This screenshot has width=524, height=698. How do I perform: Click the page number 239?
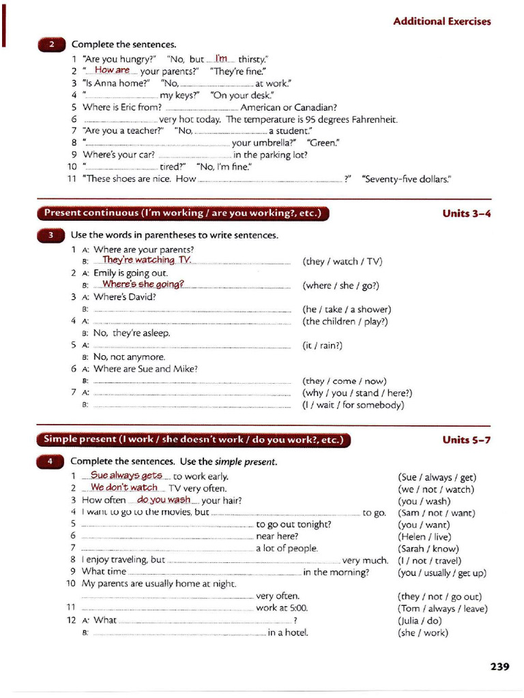(x=499, y=667)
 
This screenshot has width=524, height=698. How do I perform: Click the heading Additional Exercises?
(x=441, y=22)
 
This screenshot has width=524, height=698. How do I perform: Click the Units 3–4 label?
(x=466, y=213)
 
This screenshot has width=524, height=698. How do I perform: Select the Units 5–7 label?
(x=466, y=440)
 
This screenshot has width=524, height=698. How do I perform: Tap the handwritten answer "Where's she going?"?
(x=143, y=284)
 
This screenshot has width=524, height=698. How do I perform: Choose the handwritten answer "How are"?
(x=113, y=70)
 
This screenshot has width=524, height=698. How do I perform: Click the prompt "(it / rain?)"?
(x=323, y=346)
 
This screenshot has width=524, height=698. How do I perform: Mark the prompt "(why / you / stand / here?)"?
(x=358, y=393)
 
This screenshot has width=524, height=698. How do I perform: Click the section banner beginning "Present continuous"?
(x=182, y=213)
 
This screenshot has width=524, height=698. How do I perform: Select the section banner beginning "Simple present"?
(x=193, y=440)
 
